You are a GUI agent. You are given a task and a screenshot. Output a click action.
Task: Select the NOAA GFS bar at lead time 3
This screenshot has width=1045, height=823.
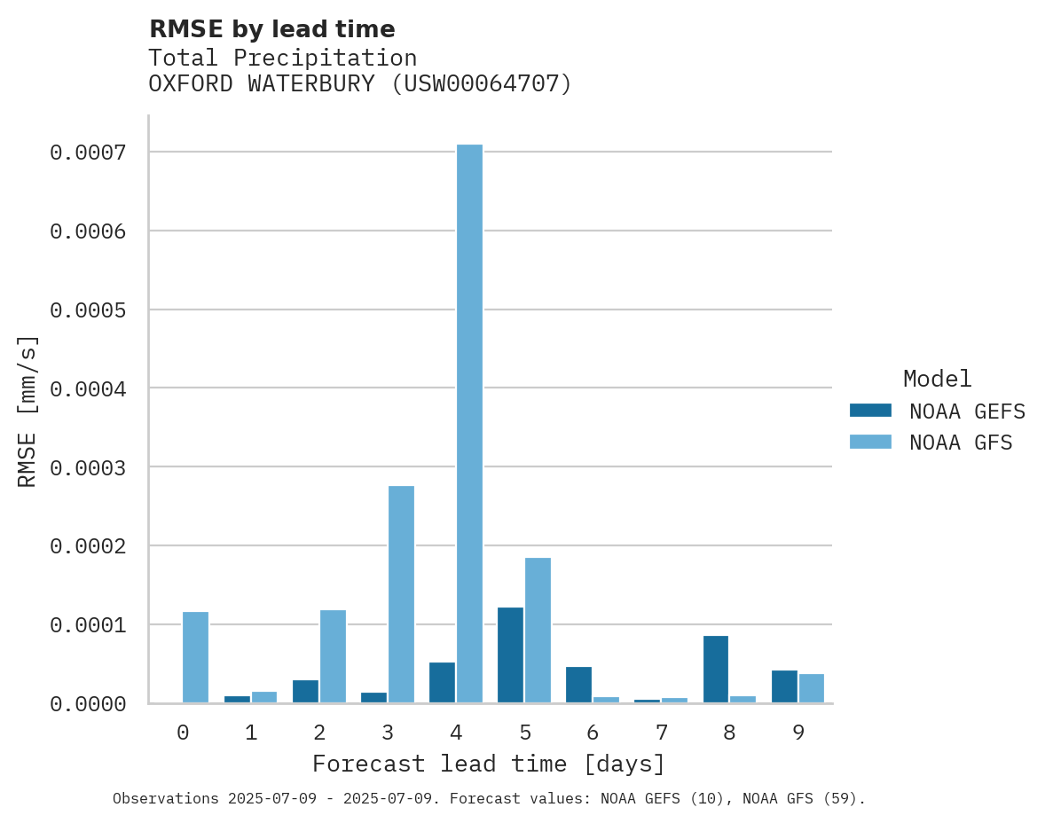click(401, 594)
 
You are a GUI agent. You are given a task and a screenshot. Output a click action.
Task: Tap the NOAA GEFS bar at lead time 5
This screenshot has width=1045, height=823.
click(510, 654)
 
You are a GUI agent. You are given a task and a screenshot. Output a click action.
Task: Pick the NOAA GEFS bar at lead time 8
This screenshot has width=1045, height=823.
click(716, 669)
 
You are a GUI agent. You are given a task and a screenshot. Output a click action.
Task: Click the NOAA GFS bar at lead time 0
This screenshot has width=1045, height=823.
click(195, 657)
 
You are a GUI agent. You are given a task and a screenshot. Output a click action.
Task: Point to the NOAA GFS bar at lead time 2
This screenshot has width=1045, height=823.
click(333, 656)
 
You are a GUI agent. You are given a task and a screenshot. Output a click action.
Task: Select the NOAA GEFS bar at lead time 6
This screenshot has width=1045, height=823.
click(578, 685)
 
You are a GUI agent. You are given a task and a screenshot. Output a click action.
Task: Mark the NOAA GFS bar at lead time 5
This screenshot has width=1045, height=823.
click(538, 630)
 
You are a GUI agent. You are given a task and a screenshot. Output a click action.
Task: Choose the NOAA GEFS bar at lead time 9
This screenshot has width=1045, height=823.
click(784, 686)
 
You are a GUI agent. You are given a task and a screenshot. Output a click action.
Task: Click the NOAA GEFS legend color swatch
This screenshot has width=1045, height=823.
click(870, 411)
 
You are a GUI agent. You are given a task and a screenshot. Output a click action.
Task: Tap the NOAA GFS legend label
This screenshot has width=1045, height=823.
click(961, 442)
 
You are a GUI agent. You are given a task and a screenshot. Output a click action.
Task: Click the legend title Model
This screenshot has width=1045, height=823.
click(938, 379)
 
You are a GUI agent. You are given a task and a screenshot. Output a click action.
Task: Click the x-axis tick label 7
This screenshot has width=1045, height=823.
click(661, 733)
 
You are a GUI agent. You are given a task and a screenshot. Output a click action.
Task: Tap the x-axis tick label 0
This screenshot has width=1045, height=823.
click(183, 733)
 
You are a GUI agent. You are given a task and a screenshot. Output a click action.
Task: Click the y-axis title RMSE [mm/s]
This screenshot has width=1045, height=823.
click(27, 411)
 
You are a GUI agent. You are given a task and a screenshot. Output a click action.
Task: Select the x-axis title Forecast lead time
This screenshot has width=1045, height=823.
click(489, 764)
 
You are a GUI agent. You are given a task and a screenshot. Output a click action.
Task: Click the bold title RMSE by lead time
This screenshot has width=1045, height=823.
click(271, 29)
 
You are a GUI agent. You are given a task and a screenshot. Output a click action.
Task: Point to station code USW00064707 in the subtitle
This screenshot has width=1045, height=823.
click(482, 83)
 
